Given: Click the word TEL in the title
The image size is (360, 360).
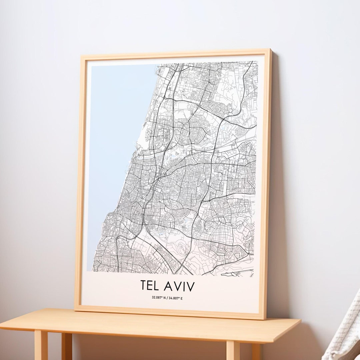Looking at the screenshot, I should (x=150, y=286).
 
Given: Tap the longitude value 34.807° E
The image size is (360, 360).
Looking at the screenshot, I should (x=175, y=298).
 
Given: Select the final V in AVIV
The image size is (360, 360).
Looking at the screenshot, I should (x=190, y=286).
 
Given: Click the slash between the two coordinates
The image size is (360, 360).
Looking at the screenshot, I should (x=167, y=298).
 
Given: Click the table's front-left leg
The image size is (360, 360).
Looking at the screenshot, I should (x=41, y=345).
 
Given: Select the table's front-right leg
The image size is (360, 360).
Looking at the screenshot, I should (x=233, y=350).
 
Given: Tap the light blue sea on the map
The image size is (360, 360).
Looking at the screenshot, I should (x=113, y=150).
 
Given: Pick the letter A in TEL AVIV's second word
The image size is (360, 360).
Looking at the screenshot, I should (x=168, y=286).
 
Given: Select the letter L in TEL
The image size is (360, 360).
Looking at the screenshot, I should (x=156, y=286).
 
